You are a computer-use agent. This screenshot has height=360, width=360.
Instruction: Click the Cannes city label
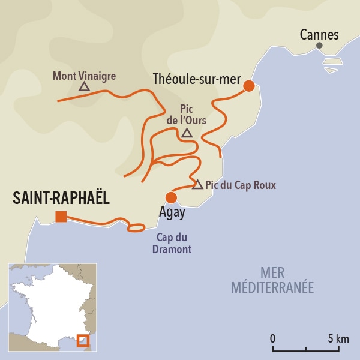(319, 34)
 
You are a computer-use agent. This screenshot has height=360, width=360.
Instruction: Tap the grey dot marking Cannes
(319, 46)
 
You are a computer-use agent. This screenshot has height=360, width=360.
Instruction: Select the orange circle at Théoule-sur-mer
(248, 86)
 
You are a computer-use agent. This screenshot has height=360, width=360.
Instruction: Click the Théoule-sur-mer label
(196, 79)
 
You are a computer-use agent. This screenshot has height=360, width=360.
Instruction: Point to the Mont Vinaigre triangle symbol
(84, 87)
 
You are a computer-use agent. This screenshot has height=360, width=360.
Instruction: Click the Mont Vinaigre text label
(84, 76)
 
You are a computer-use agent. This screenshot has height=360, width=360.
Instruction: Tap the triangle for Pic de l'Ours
(187, 133)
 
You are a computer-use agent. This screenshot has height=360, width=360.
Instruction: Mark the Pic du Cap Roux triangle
(197, 184)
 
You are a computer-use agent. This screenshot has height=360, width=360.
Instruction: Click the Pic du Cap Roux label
(241, 185)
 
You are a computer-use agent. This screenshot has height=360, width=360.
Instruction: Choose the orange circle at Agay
(171, 197)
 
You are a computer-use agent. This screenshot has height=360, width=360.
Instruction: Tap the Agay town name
(172, 212)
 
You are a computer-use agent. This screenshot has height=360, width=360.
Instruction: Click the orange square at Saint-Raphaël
(61, 217)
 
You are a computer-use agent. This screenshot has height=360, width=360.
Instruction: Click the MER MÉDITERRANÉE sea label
(272, 281)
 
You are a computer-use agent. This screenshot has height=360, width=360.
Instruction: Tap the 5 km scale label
(338, 338)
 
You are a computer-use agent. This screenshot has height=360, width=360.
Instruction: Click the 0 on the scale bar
(273, 338)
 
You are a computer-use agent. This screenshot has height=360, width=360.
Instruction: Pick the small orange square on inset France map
(83, 341)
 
